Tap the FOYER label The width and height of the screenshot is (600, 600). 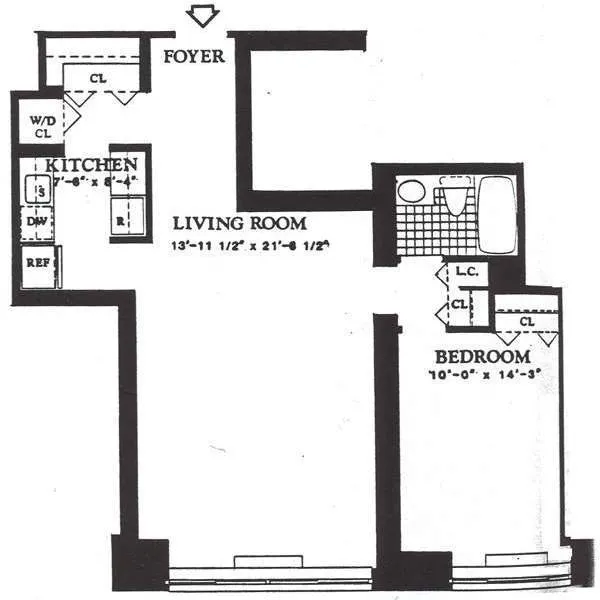(x=194, y=56)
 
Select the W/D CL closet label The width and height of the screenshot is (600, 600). (x=41, y=123)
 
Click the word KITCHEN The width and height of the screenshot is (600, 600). (x=90, y=164)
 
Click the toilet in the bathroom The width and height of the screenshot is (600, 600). (x=454, y=199)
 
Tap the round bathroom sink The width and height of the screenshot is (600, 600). (x=411, y=191)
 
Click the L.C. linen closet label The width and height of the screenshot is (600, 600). (x=463, y=271)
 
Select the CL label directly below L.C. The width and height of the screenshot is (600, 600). (x=458, y=304)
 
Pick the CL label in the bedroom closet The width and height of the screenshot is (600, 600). (x=526, y=322)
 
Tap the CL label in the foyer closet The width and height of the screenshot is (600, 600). (x=98, y=77)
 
